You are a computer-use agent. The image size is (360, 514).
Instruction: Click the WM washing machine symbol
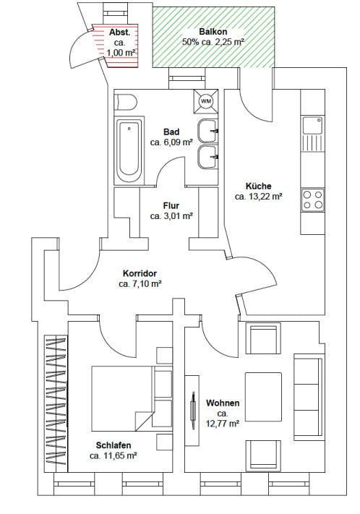(x=206, y=101)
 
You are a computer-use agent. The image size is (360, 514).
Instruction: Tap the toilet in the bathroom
(x=126, y=103)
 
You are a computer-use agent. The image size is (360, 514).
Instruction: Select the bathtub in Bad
(x=129, y=151)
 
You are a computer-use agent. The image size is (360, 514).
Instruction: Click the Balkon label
(x=213, y=32)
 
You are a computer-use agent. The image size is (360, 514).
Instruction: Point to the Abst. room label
(x=120, y=33)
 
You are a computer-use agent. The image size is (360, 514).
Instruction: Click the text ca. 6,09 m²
(x=171, y=142)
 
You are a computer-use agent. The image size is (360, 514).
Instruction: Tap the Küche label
(x=259, y=187)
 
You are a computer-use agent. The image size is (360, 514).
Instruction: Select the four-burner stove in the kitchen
(x=312, y=200)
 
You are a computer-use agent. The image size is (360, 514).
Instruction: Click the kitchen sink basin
(x=312, y=125)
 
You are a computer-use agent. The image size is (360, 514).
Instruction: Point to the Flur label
(x=171, y=205)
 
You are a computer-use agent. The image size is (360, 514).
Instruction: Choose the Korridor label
(x=140, y=273)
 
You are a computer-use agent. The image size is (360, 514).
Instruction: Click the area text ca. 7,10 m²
(x=140, y=284)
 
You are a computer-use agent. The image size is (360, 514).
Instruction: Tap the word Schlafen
(x=113, y=445)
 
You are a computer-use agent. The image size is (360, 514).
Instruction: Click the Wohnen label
(x=223, y=403)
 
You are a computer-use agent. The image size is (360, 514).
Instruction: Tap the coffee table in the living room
(x=263, y=397)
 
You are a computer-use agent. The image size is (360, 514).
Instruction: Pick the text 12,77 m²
(x=223, y=424)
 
